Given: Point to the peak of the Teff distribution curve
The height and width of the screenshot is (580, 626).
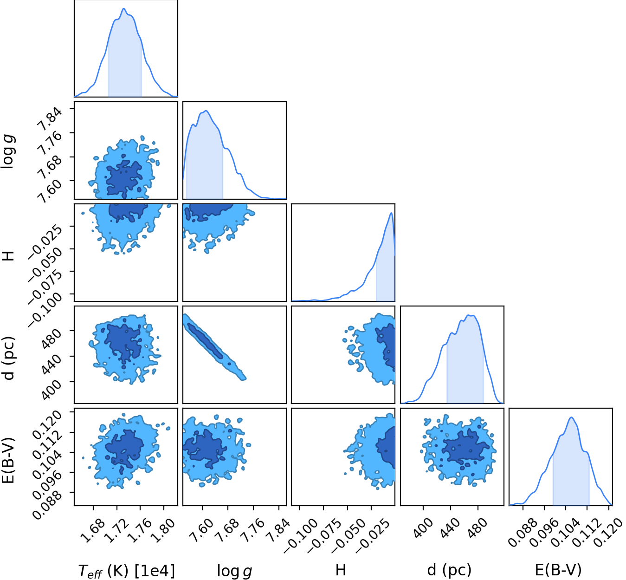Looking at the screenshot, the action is point(124,8).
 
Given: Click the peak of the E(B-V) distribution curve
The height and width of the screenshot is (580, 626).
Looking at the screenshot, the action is point(571,417).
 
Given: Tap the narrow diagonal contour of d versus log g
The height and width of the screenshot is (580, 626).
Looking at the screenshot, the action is point(214,347).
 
